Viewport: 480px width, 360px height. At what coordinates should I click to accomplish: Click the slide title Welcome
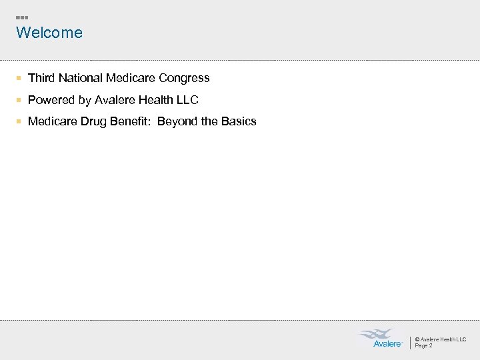coord(49,33)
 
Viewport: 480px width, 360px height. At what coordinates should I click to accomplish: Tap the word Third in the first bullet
coord(41,78)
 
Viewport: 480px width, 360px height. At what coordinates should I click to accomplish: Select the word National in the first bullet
coord(81,78)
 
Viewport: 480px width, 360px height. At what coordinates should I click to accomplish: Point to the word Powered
coord(51,100)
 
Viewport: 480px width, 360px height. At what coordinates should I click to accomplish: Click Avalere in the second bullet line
coord(115,100)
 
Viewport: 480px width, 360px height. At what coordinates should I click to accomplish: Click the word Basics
coord(239,121)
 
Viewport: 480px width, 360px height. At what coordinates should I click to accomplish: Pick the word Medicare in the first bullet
coord(131,78)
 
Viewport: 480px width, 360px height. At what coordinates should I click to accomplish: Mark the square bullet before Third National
coord(19,79)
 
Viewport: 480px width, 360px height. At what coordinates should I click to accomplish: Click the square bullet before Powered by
coord(19,101)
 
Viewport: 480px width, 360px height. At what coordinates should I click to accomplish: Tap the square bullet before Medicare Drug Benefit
coord(19,122)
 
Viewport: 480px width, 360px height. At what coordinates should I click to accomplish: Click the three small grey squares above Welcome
coord(22,17)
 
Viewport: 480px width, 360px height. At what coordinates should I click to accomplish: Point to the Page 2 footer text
coord(424,345)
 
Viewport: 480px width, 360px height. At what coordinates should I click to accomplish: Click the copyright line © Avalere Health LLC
coord(441,339)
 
